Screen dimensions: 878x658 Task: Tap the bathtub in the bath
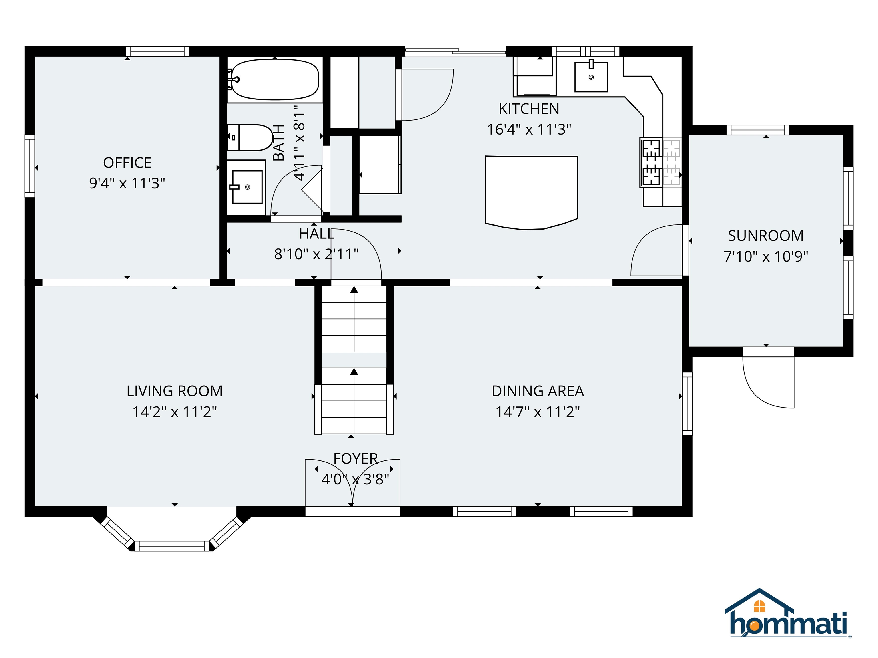[x=275, y=79]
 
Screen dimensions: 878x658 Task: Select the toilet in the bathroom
[x=250, y=138]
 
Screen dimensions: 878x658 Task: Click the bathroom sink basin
[x=247, y=187]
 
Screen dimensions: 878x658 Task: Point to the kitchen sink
[x=591, y=77]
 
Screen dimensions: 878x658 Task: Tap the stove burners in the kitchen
[x=651, y=162]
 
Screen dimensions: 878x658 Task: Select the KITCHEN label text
[x=529, y=109]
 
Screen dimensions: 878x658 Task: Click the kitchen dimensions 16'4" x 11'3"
[x=529, y=129]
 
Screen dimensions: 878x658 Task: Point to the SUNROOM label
[x=766, y=236]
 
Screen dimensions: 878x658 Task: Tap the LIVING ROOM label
[x=175, y=391]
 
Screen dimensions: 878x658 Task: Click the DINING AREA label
[x=538, y=391]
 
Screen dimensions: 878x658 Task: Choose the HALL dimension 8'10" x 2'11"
[x=316, y=254]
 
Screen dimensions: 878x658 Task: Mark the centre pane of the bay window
[x=172, y=546]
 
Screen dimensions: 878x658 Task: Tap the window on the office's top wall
[x=157, y=51]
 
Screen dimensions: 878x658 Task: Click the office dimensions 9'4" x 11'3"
[x=127, y=183]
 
